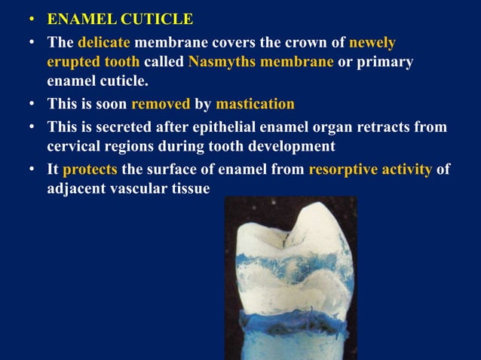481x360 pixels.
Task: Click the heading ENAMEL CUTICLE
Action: point(120,19)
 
